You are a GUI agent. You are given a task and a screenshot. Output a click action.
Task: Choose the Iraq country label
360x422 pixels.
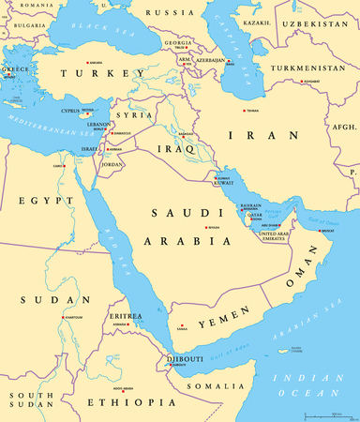click(178, 147)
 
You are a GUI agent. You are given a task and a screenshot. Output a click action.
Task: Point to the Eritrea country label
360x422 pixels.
click(127, 316)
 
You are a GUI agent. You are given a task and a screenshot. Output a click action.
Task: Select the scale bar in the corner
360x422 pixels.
click(325, 414)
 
